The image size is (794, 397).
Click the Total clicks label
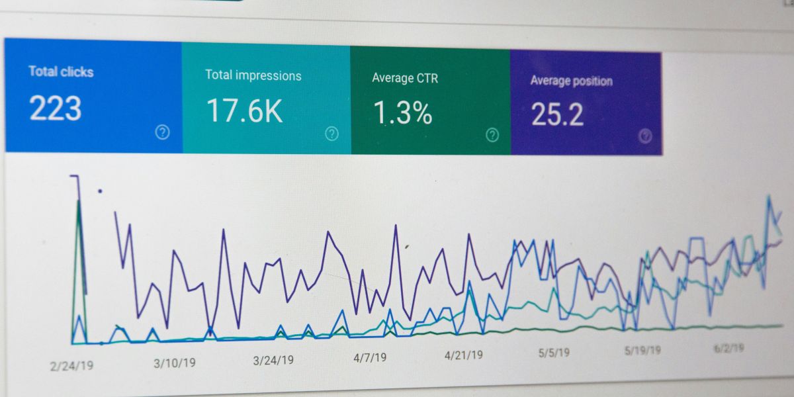point(61,71)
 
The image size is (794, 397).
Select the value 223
point(56,109)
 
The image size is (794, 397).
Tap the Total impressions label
point(253,75)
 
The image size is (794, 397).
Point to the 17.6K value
point(244,111)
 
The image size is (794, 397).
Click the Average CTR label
point(405,78)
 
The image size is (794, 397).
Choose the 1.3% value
point(402,113)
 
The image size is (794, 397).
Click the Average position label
point(571,81)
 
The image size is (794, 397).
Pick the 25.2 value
point(557,114)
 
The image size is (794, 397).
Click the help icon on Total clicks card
point(162,132)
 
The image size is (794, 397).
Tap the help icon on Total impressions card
point(331,134)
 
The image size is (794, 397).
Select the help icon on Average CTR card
point(492,135)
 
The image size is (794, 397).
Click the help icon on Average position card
point(645,136)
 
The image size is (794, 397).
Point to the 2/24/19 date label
point(72,365)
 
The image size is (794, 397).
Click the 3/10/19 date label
point(175,363)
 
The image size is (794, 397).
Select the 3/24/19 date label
point(273,360)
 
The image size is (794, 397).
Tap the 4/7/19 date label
point(370,357)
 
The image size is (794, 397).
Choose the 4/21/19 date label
point(463,355)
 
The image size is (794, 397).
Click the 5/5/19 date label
point(554,353)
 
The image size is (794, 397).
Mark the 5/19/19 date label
point(642,350)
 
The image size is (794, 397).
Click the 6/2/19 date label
point(728,347)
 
